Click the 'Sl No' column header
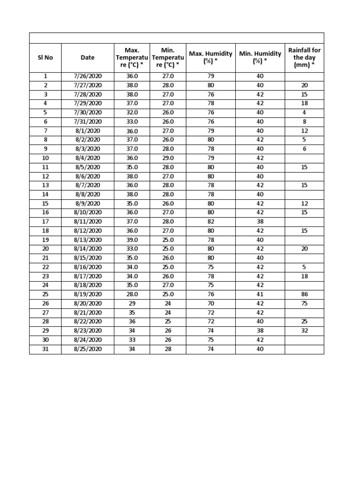[x=45, y=58]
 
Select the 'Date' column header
[x=87, y=58]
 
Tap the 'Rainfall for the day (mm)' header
[x=304, y=58]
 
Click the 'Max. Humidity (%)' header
[x=210, y=58]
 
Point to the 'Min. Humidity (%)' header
[x=260, y=58]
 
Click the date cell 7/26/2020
[x=87, y=76]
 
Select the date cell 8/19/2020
[x=87, y=294]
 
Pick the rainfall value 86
[x=304, y=294]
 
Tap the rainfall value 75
[x=304, y=303]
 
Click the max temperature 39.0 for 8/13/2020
[x=132, y=240]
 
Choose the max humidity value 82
[x=210, y=221]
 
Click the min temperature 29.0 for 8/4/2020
[x=168, y=158]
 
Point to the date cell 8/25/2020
[x=87, y=349]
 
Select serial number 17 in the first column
[x=45, y=221]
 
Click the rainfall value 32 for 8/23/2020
[x=304, y=330]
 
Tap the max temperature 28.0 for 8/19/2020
[x=132, y=294]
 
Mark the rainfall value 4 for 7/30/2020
[x=304, y=112]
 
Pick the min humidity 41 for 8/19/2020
[x=260, y=294]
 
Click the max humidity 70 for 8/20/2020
[x=210, y=303]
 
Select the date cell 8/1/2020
[x=87, y=131]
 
